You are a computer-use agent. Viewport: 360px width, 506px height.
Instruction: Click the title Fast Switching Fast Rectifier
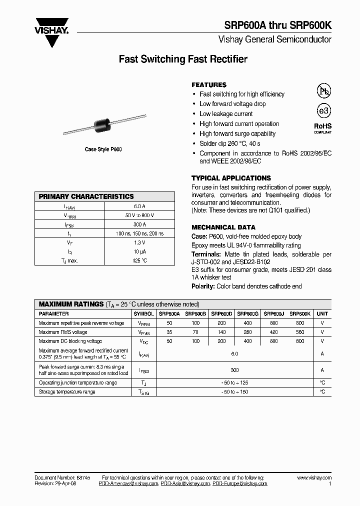coord(183,59)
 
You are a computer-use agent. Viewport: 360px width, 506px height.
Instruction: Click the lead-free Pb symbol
coord(323,90)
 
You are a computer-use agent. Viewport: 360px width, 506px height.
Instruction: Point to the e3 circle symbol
coord(323,110)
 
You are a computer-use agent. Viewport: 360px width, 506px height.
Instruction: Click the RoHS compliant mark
coord(322,128)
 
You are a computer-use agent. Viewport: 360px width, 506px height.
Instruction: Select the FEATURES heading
coord(209,85)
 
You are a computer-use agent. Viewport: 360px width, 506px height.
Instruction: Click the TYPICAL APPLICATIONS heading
coord(231,178)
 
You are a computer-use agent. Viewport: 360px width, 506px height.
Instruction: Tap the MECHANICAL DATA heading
coord(223,227)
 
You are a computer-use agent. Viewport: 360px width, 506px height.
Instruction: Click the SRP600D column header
coord(221,314)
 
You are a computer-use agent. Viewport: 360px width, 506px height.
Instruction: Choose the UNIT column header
coord(322,314)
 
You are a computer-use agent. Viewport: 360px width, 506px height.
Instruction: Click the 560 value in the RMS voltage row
coord(299,332)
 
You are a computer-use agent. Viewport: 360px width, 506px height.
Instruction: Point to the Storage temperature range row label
coord(67,392)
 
